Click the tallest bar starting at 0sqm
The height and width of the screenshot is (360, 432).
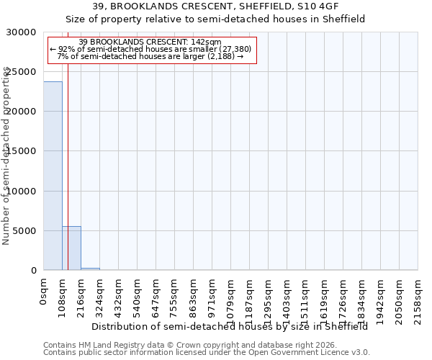[x=53, y=176]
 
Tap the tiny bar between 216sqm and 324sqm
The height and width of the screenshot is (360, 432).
[x=90, y=269]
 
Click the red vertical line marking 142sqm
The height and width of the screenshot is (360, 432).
[x=68, y=158]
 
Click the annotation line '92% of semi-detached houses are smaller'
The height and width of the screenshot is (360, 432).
[x=150, y=49]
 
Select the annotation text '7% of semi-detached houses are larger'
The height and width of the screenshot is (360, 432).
[x=150, y=56]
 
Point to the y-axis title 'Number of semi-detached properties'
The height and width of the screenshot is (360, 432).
[x=6, y=156]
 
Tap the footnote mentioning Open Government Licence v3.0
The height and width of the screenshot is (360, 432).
[x=207, y=353]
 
